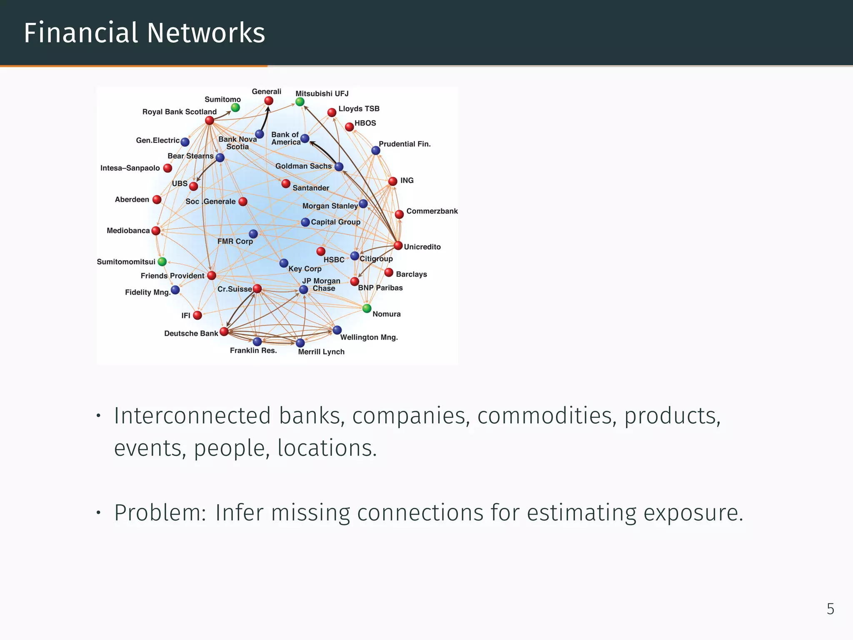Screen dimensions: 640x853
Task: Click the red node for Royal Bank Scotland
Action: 210,121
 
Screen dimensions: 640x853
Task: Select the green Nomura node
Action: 367,308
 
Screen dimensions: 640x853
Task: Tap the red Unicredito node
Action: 398,245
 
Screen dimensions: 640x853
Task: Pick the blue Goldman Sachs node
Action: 339,167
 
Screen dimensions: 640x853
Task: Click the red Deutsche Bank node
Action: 224,332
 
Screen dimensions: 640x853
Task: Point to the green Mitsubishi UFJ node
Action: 300,102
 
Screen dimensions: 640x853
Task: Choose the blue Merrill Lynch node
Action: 300,343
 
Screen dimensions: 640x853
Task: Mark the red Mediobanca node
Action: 156,231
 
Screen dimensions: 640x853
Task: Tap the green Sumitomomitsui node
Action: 162,262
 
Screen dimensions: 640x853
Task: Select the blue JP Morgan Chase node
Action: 304,289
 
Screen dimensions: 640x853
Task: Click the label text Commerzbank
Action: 432,211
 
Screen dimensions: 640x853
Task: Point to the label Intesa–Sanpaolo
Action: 130,168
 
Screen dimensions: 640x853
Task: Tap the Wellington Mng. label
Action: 369,337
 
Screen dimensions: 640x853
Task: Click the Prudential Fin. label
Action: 404,144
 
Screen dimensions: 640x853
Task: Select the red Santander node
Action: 286,184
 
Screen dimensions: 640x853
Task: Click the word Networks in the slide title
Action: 206,33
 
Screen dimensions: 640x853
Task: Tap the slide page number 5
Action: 831,609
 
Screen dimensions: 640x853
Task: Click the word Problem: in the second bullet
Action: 160,512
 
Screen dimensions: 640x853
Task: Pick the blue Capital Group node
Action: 305,222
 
